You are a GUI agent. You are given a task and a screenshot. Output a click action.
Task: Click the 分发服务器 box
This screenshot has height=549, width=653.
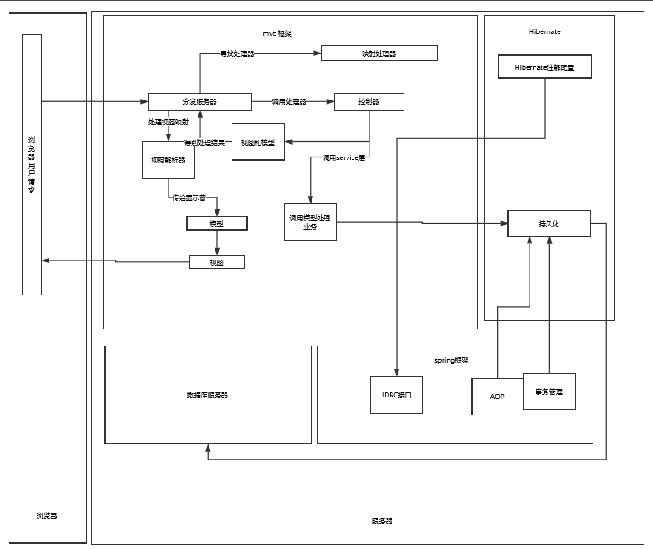coord(199,101)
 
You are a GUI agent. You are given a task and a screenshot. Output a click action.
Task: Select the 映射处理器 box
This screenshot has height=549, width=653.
coord(379,54)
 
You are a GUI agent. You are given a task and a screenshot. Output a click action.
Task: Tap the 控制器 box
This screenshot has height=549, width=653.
coord(369,101)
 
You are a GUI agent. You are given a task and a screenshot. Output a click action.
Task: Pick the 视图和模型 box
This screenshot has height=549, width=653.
coord(258,141)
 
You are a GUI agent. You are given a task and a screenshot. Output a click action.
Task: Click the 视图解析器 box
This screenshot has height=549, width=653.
coord(169,159)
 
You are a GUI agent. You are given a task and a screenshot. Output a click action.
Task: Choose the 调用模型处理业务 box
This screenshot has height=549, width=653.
coord(310,222)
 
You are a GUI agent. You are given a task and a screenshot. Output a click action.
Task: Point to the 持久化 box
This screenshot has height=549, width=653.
coord(548,223)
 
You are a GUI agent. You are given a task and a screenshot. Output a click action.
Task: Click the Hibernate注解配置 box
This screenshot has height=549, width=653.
coord(544,67)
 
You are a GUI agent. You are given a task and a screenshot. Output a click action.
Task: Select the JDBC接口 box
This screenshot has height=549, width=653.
coord(397,395)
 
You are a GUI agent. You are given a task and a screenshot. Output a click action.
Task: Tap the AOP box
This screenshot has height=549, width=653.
coord(497,397)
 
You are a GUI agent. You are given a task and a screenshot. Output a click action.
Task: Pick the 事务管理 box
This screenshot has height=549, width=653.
coord(549,392)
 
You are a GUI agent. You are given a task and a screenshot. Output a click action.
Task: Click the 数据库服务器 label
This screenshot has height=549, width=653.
coord(208,395)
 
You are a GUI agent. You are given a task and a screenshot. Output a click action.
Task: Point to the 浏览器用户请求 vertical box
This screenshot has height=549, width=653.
coord(32,164)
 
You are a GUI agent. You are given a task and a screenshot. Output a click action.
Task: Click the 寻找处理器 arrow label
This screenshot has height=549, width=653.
coord(237,54)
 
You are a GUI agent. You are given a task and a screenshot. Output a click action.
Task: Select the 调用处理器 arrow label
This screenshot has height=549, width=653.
coord(289,101)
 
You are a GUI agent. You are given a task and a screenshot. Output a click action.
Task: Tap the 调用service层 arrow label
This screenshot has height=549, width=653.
coord(343,158)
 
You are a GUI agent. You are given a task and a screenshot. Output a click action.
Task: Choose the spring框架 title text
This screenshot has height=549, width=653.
coord(451,360)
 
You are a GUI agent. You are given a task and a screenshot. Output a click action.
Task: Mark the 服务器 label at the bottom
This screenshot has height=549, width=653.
coord(381,521)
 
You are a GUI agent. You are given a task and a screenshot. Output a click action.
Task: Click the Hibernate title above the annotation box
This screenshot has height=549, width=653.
coord(544,31)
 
